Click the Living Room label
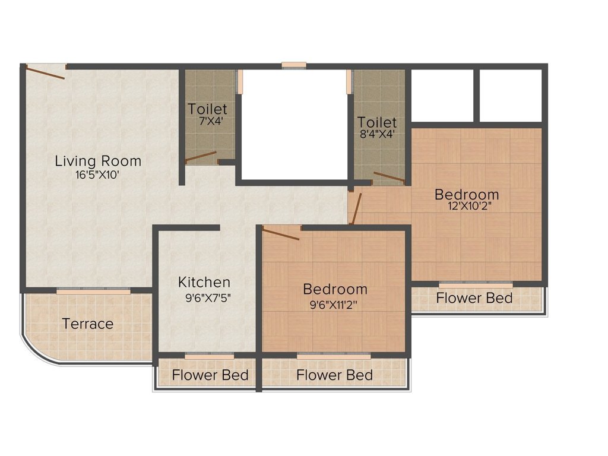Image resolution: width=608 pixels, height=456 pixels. (98, 160)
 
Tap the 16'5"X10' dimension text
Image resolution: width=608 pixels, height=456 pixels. (98, 175)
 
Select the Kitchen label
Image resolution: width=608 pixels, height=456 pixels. (204, 282)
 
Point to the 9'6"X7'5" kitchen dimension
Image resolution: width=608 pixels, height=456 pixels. (207, 297)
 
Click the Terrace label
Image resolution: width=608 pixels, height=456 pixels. (88, 324)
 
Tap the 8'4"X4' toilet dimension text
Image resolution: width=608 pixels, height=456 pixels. (376, 134)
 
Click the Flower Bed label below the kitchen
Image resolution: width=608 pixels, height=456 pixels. (210, 375)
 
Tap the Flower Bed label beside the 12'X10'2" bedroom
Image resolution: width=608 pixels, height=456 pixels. (474, 297)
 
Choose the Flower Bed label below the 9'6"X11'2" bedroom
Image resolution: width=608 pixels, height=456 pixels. (335, 375)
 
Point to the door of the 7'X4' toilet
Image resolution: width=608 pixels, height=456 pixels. (201, 157)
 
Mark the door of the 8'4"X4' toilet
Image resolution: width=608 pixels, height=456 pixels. (389, 177)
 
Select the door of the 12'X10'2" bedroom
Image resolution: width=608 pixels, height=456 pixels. (355, 208)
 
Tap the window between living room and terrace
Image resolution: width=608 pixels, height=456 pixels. (93, 292)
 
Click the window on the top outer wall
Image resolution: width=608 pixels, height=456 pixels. (294, 65)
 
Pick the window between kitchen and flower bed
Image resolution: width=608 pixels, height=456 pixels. (209, 356)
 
